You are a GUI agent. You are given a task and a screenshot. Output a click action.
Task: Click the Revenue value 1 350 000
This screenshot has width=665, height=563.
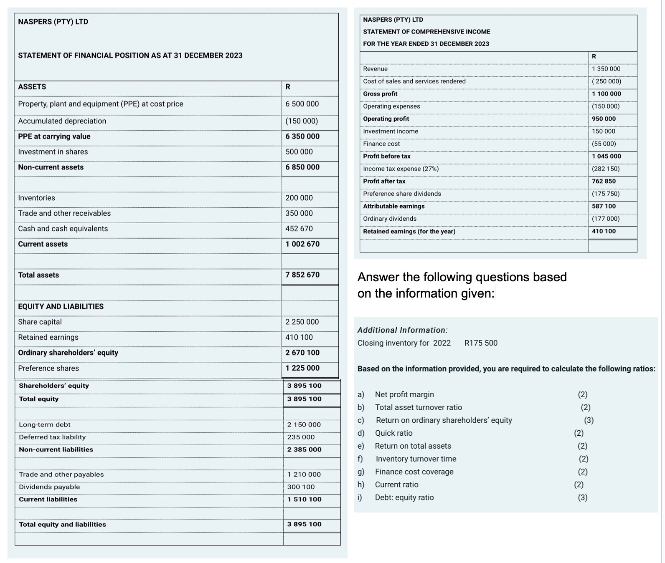coord(606,69)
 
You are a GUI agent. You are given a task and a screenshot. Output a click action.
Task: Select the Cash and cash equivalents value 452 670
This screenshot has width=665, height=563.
coord(299,229)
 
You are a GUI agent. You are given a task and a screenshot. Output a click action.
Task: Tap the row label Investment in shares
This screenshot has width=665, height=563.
coord(53,152)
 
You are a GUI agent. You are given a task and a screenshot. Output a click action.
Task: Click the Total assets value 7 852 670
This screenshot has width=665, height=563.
coord(302,275)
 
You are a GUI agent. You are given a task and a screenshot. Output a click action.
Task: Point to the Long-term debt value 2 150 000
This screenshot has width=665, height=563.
coord(304,424)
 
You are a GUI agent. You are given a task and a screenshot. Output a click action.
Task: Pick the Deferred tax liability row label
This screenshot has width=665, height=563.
coord(52,437)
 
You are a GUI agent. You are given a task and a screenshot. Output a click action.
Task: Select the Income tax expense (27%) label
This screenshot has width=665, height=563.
coord(400,169)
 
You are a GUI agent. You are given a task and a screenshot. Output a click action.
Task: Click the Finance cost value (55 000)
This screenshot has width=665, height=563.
coord(604,144)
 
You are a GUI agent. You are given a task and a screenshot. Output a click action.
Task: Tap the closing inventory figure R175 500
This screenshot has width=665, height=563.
coord(480,343)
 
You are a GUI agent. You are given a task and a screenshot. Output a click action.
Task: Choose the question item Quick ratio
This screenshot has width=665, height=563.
coord(393,433)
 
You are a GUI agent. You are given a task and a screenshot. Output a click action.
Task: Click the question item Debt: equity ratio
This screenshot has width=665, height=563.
coord(404,497)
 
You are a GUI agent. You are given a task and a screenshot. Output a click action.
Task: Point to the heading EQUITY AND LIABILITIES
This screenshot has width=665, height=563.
coord(61,306)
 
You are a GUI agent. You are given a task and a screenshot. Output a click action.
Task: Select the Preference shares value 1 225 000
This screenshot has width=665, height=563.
coord(302,368)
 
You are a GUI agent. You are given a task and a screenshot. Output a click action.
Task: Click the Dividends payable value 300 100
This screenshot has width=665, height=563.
coord(301,487)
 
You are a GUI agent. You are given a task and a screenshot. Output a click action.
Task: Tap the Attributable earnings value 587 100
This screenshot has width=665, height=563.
coord(604,206)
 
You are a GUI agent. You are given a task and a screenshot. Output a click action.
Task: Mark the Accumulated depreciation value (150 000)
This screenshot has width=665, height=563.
coord(301,121)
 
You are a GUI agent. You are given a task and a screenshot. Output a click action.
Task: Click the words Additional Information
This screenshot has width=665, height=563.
coord(402,330)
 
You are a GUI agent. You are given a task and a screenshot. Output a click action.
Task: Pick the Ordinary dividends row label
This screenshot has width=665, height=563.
coord(389,219)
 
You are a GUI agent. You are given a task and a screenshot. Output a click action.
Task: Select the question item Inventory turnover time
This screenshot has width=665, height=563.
coord(416,459)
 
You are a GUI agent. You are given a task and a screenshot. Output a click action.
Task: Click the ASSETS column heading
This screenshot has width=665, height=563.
coord(32,87)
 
